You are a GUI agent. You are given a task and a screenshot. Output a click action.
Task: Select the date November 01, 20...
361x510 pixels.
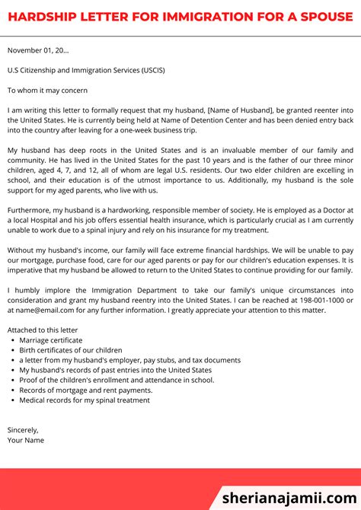click(38, 50)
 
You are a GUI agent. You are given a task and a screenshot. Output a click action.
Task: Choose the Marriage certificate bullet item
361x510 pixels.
click(51, 340)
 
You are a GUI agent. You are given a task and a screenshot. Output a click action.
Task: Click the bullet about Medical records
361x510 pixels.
click(85, 400)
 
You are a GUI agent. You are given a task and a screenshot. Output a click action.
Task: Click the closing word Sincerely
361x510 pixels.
click(23, 429)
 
